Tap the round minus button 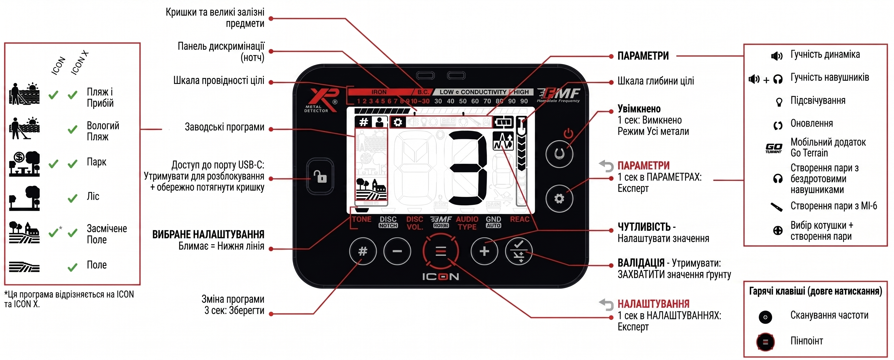point(397,251)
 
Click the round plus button point(484,251)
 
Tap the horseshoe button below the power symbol point(559,153)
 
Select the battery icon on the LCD point(503,122)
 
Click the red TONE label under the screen point(362,220)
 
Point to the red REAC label point(519,220)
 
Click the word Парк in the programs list point(97,162)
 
